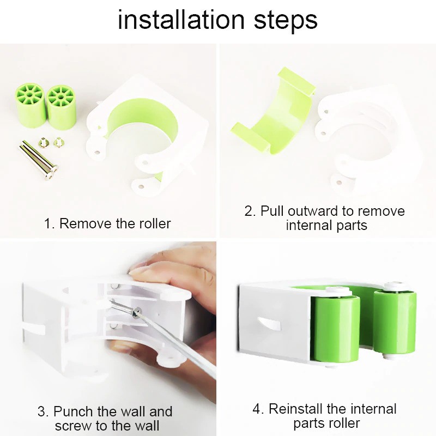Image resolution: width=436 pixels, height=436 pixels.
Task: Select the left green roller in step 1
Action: [x=30, y=106]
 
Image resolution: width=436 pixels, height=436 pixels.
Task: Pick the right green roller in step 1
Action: [x=61, y=107]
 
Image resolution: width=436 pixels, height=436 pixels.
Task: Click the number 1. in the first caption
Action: [x=50, y=223]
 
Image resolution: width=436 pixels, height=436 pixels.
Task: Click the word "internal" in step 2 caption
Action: [x=309, y=225]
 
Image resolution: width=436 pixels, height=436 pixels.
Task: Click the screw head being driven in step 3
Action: [x=137, y=312]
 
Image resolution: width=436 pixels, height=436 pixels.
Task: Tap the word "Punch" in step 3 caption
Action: [x=72, y=411]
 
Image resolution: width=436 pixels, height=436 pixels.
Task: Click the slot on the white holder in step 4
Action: [x=268, y=323]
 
